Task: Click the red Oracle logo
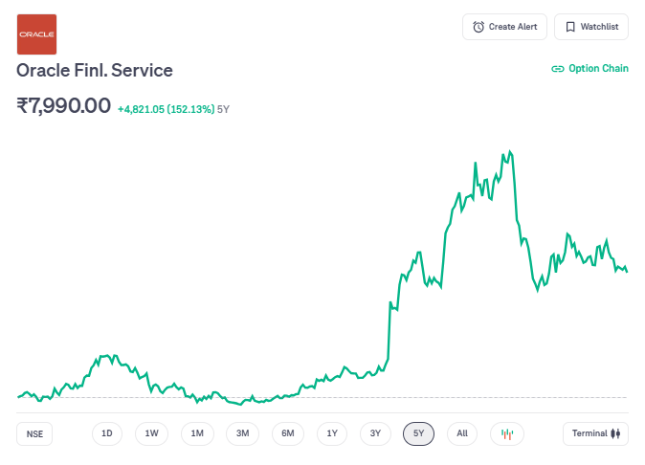pos(37,34)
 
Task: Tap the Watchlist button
pos(591,27)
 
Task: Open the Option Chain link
pos(589,69)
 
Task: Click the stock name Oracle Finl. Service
pos(95,71)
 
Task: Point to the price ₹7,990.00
pos(64,105)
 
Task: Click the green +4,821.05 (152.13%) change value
pos(166,109)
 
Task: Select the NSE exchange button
pos(35,433)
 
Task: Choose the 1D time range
pos(107,433)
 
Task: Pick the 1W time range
pos(152,433)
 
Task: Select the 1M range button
pos(197,433)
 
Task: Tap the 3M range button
pos(243,433)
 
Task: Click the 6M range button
pos(288,433)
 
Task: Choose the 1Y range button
pos(332,433)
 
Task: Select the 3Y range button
pos(376,433)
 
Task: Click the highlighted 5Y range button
pos(419,433)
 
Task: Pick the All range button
pos(462,433)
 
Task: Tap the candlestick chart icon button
pos(507,433)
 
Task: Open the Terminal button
pos(595,433)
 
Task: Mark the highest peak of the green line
pos(510,150)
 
